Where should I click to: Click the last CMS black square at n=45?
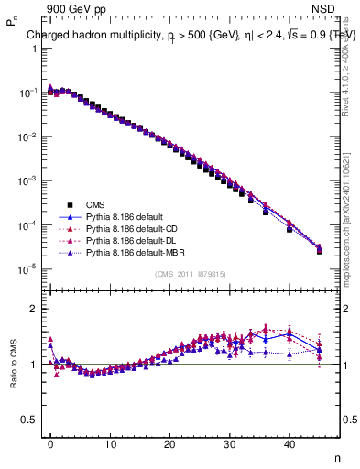(319, 251)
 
